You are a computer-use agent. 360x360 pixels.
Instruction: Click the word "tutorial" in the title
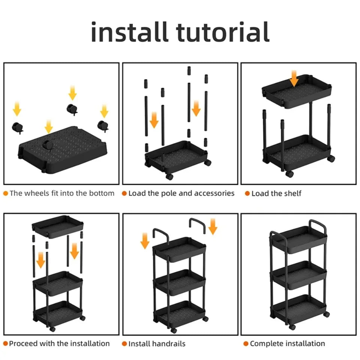(223, 32)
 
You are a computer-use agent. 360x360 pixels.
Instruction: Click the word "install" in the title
(130, 32)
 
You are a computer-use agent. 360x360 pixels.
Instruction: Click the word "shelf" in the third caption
(292, 193)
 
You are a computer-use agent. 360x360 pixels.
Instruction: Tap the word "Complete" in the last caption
(267, 343)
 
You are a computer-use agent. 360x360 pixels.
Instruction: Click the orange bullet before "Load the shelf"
(247, 193)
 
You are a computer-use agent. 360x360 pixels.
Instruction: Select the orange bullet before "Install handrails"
(124, 343)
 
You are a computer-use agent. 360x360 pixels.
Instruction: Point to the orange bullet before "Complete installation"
(246, 343)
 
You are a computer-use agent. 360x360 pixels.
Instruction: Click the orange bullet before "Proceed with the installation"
(6, 343)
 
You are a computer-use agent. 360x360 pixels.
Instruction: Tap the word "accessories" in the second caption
(213, 193)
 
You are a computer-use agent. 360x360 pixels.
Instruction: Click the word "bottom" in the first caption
(101, 193)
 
